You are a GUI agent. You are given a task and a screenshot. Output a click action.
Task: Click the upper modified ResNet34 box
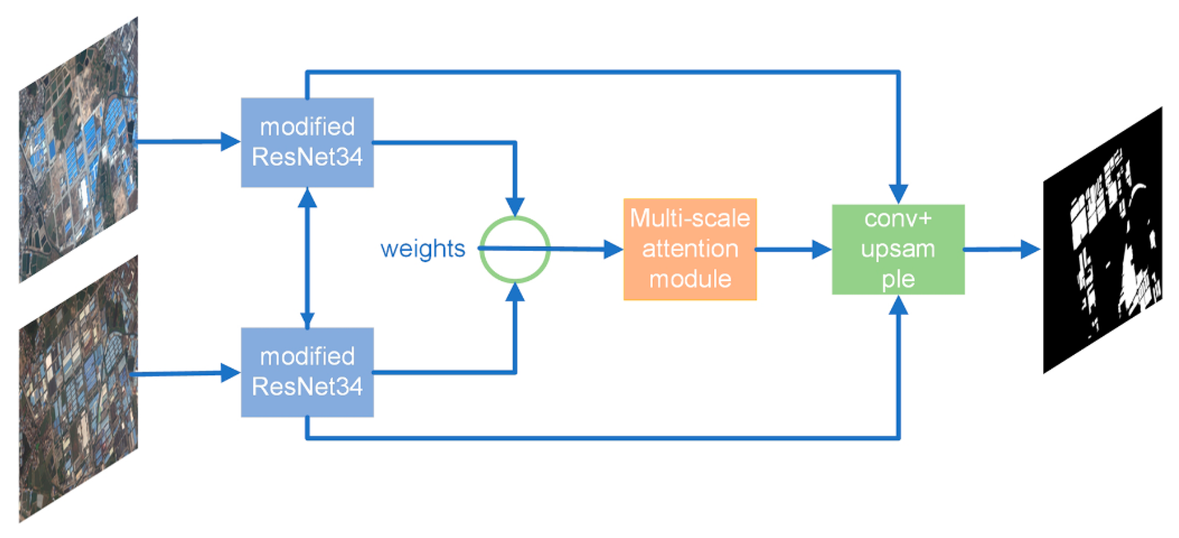click(307, 142)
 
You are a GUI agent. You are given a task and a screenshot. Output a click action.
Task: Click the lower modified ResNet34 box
click(307, 372)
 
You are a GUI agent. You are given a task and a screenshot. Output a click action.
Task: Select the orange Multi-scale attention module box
click(690, 249)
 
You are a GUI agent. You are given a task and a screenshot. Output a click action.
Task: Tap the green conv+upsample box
click(898, 249)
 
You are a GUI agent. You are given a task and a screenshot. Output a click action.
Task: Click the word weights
click(422, 249)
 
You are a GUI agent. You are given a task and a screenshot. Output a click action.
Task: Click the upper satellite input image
click(78, 151)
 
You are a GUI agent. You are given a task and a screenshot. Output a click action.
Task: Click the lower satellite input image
click(78, 389)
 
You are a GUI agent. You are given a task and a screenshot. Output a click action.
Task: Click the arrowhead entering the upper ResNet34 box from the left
click(230, 142)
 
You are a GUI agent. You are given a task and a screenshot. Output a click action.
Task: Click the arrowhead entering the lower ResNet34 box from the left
click(230, 372)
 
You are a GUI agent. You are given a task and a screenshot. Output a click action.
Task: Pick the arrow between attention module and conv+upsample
click(794, 249)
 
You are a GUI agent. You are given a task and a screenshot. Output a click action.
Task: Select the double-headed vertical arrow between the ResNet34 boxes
click(307, 257)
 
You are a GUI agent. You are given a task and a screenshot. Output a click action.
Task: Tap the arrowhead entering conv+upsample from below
click(898, 306)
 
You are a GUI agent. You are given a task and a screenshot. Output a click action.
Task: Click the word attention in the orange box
click(690, 249)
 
